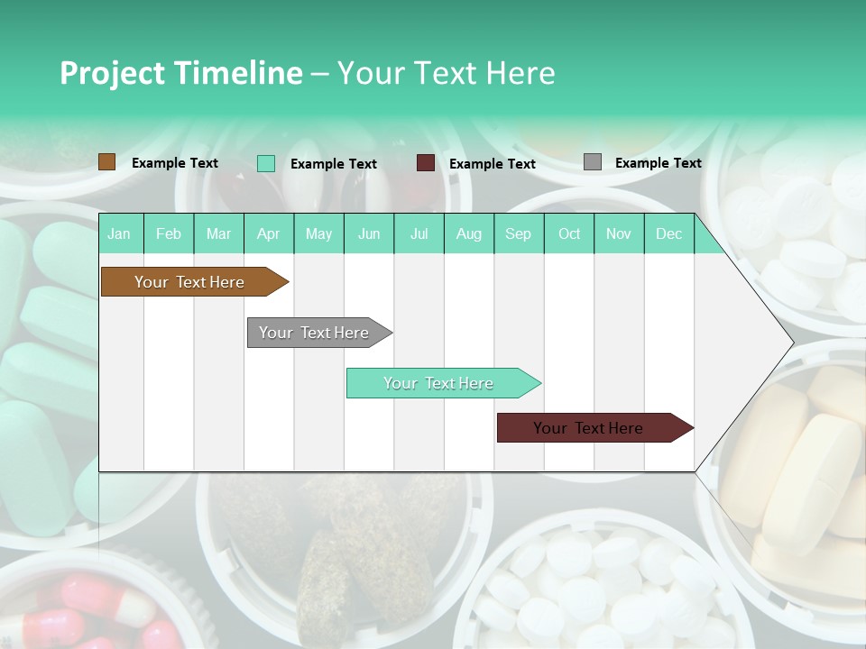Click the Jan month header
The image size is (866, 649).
click(119, 234)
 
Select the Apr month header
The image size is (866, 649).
click(268, 234)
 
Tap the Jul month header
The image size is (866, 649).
click(419, 234)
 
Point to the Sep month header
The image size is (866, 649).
click(518, 234)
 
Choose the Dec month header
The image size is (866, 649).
click(668, 234)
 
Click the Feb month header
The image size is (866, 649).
click(169, 234)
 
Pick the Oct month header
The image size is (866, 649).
click(569, 234)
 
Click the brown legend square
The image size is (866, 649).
click(107, 162)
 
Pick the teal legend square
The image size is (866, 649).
click(266, 163)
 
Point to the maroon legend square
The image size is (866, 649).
click(426, 163)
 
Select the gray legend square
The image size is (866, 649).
click(593, 162)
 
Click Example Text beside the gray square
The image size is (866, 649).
click(658, 163)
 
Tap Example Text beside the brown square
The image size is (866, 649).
click(175, 163)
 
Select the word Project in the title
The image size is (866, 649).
click(112, 73)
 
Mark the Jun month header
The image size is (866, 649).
click(369, 234)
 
